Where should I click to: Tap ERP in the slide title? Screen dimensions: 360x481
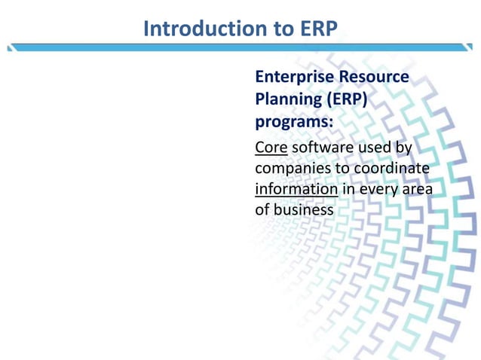pos(317,29)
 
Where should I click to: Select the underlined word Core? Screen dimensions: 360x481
pos(271,146)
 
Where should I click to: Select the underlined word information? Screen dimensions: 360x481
pos(296,188)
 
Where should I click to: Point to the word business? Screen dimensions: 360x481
pos(303,209)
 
